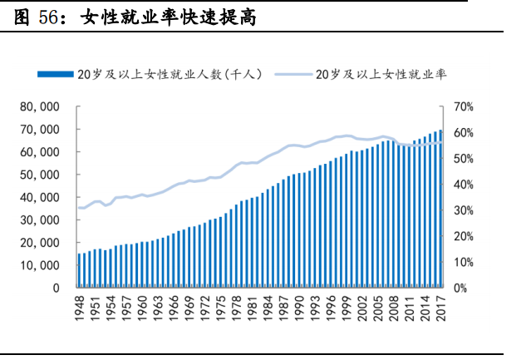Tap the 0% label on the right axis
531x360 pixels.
[461, 288]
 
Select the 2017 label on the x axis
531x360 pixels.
[440, 308]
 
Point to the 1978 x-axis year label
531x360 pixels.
[237, 308]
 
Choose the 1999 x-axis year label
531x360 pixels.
[347, 308]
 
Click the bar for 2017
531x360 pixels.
[440, 209]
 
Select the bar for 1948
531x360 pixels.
[80, 270]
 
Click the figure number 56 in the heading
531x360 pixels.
[48, 16]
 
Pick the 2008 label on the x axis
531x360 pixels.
[394, 308]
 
